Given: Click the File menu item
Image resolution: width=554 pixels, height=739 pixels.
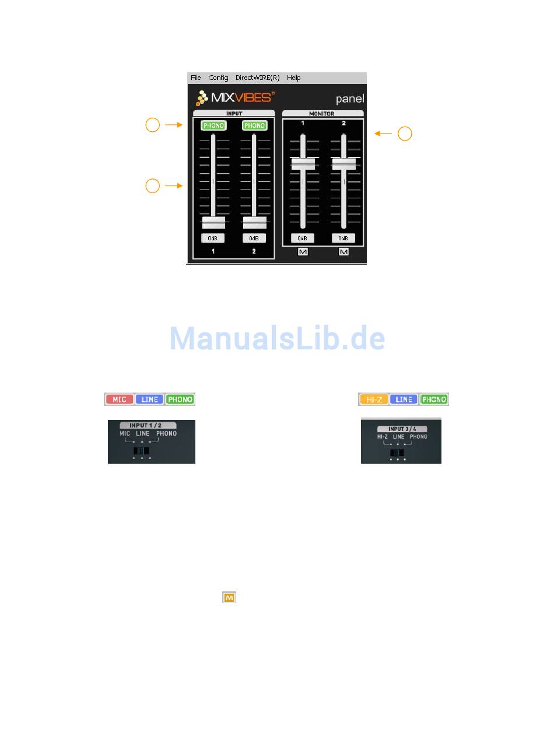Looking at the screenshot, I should (x=195, y=78).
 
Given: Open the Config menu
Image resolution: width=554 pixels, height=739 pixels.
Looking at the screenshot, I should (x=218, y=78).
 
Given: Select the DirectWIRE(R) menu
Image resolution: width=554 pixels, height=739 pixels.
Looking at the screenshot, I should (x=257, y=78).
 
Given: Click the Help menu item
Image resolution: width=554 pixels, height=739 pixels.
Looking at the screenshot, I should (x=294, y=78).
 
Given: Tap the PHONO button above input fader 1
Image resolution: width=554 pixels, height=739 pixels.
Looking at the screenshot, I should (x=213, y=125).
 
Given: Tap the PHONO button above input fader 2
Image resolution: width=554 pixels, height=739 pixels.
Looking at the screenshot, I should (x=254, y=125).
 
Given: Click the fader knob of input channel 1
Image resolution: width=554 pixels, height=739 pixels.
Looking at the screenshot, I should (x=213, y=222).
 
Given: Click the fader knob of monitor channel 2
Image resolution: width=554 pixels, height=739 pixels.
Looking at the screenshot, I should (x=344, y=164).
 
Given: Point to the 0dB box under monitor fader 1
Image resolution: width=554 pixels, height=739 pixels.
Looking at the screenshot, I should (x=303, y=238).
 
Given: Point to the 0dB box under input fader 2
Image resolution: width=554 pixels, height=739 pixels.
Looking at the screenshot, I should (x=254, y=238).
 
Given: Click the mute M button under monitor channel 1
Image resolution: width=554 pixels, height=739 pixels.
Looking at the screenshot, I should (x=303, y=252).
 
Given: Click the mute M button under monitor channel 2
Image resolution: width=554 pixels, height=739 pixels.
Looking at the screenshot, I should (x=343, y=252).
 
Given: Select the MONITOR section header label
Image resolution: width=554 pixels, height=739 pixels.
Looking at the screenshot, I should (x=322, y=113).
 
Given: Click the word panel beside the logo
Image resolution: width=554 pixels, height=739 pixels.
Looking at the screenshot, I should (x=350, y=99).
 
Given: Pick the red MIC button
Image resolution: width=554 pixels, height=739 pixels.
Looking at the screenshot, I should (x=120, y=400).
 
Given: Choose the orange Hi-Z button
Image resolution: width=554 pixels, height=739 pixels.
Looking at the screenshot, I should (x=374, y=400).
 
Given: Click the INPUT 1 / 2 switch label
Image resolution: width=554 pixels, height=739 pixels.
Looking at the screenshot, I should (x=148, y=426).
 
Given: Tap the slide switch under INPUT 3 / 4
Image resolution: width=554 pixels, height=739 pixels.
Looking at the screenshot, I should (x=397, y=453).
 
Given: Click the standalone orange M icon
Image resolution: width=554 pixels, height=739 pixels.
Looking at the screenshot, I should (x=229, y=597).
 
